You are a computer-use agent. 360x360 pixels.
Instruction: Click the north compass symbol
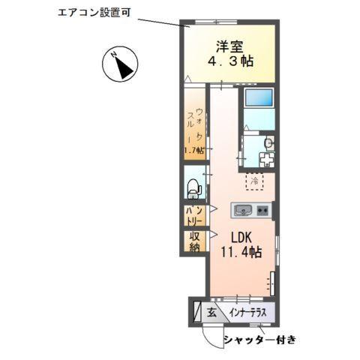click(120, 64)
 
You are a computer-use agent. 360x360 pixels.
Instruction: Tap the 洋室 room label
click(229, 46)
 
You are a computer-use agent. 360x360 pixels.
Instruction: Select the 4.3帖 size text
click(230, 61)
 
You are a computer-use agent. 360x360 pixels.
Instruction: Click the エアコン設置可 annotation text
click(94, 12)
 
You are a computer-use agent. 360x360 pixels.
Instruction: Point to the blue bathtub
click(259, 97)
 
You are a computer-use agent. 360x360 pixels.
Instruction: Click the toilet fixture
click(194, 188)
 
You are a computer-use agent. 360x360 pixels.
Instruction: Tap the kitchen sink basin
click(242, 210)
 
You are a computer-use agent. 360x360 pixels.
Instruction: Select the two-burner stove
click(262, 210)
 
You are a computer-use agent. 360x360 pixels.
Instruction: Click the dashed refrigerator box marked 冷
click(255, 181)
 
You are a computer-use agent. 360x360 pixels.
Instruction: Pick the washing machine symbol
click(266, 159)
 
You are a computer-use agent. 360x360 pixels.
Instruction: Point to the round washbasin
click(269, 143)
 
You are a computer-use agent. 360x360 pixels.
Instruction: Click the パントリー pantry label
click(194, 216)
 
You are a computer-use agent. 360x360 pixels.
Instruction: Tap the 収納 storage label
click(194, 241)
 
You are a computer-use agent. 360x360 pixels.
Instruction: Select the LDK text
click(241, 238)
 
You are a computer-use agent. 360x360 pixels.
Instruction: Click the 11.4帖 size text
click(241, 252)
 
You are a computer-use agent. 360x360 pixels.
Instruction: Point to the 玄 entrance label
click(211, 313)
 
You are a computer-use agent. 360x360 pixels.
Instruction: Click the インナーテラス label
click(248, 313)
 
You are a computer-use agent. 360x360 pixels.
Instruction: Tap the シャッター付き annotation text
click(259, 340)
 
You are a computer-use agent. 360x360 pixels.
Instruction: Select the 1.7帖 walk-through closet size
click(194, 151)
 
